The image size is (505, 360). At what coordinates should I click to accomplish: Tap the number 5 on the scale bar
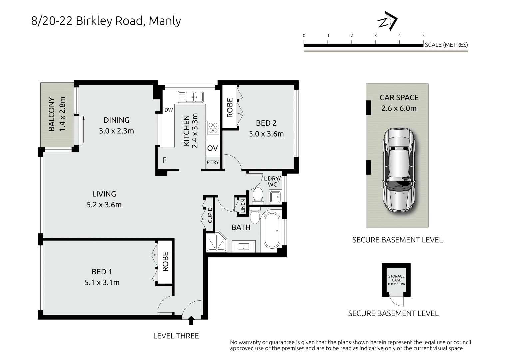click(x=423, y=36)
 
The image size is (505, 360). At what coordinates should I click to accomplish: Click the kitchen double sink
click(x=191, y=97)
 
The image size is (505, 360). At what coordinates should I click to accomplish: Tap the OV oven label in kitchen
click(x=212, y=148)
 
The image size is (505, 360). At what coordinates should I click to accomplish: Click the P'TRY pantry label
click(x=212, y=162)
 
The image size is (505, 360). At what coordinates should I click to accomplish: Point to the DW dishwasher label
click(x=169, y=110)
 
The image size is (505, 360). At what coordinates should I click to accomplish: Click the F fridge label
click(x=164, y=160)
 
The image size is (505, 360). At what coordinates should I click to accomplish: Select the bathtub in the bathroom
click(x=273, y=230)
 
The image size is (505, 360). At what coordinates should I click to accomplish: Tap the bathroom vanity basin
click(x=244, y=247)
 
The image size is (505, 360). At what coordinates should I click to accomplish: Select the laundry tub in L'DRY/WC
click(x=275, y=197)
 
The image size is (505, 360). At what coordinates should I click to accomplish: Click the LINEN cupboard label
click(x=243, y=206)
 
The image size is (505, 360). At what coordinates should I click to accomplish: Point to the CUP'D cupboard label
click(x=210, y=215)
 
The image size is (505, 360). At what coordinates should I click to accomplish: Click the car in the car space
click(x=399, y=170)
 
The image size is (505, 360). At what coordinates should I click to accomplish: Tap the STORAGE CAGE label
click(x=396, y=278)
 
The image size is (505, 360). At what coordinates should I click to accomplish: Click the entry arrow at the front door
click(x=191, y=321)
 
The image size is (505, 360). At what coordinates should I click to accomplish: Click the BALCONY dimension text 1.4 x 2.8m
click(x=62, y=114)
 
